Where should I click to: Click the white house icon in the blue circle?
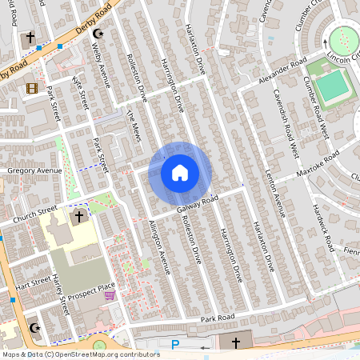click(x=179, y=172)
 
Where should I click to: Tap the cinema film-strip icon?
click(x=31, y=88)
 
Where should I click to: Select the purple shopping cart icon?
click(x=110, y=295)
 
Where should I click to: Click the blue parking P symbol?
click(x=175, y=345)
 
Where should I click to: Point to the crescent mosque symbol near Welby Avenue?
click(x=100, y=35)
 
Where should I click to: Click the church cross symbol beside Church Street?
click(x=79, y=217)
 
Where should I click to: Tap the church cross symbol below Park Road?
click(x=235, y=342)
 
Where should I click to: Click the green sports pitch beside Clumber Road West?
click(x=330, y=86)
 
